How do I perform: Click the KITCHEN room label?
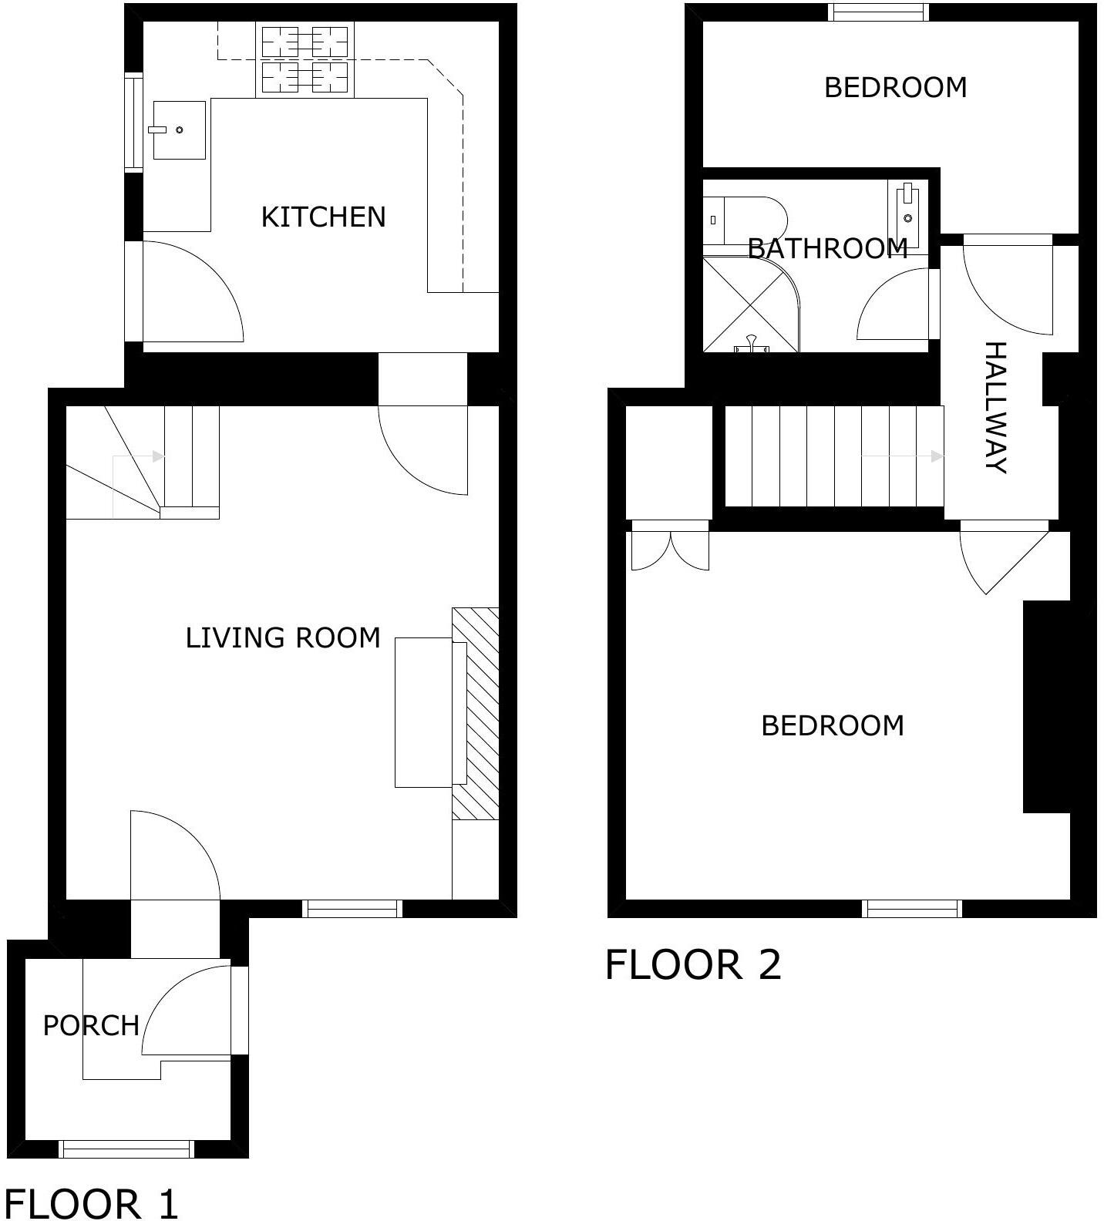[x=323, y=217]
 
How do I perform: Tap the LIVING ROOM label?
[x=283, y=638]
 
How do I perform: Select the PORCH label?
[x=91, y=1026]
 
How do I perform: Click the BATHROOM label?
[x=827, y=248]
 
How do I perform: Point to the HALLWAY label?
[x=996, y=407]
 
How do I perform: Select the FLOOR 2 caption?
[x=693, y=964]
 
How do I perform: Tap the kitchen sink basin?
[x=179, y=129]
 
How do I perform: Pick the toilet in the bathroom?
[x=744, y=220]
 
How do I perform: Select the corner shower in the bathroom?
[x=751, y=304]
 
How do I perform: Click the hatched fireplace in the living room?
[x=475, y=714]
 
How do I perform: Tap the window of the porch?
[x=126, y=1149]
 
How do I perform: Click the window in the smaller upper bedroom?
[x=878, y=12]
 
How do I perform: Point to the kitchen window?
[x=134, y=121]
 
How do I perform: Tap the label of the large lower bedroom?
[x=833, y=726]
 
